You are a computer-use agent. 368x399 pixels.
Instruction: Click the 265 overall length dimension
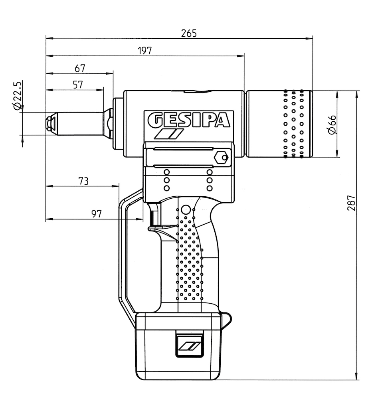coord(189,33)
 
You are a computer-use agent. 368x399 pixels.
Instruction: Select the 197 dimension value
coord(145,50)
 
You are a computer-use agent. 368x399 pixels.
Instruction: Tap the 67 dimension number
coord(80,68)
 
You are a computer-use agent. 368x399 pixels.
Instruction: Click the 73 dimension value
coord(83,181)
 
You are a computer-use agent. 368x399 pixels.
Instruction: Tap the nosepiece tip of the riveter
coord(50,123)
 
